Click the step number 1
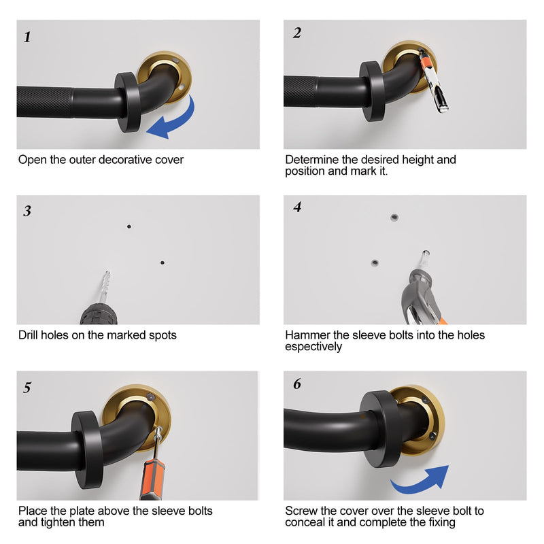[27, 37]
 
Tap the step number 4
[297, 207]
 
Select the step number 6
[297, 384]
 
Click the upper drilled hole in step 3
[129, 226]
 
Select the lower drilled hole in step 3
[163, 262]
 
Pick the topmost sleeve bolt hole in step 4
[394, 218]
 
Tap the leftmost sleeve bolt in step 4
[375, 262]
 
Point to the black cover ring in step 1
[128, 103]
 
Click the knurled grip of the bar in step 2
[301, 92]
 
